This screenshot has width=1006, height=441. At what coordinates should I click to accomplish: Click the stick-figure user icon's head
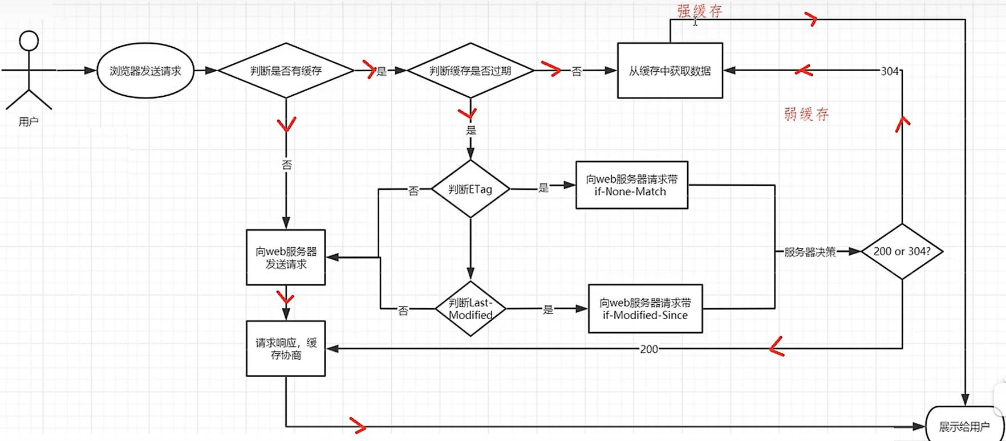pyautogui.click(x=29, y=41)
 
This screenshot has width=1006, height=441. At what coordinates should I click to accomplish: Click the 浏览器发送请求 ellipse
pyautogui.click(x=145, y=71)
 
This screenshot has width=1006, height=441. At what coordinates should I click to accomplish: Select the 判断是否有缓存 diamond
pyautogui.click(x=286, y=71)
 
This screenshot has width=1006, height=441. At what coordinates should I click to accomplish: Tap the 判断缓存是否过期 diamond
pyautogui.click(x=470, y=71)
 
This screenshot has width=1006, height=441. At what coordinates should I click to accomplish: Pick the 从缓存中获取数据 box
pyautogui.click(x=670, y=71)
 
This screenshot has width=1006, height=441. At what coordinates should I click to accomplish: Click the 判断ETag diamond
pyautogui.click(x=470, y=189)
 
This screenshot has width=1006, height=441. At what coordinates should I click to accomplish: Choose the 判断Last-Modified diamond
pyautogui.click(x=470, y=309)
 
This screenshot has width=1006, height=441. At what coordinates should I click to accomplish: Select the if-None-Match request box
pyautogui.click(x=631, y=185)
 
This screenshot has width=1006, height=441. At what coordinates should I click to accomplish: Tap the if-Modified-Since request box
pyautogui.click(x=645, y=309)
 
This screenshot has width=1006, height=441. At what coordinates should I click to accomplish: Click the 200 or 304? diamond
pyautogui.click(x=902, y=251)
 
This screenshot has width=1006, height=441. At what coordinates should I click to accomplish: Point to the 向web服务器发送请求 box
pyautogui.click(x=286, y=258)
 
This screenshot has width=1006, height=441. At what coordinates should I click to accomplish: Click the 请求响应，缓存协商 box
pyautogui.click(x=286, y=349)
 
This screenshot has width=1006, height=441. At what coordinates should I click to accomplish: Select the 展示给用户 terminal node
pyautogui.click(x=963, y=426)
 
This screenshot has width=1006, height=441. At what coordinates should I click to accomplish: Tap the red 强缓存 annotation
pyautogui.click(x=699, y=11)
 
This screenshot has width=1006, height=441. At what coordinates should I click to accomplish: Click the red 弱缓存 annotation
pyautogui.click(x=806, y=115)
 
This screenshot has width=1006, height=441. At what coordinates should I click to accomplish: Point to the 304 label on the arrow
pyautogui.click(x=890, y=71)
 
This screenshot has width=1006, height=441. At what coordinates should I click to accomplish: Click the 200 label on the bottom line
pyautogui.click(x=649, y=349)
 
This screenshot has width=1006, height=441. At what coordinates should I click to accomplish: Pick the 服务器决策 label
pyautogui.click(x=810, y=252)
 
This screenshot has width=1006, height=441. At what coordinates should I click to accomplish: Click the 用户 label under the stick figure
pyautogui.click(x=28, y=122)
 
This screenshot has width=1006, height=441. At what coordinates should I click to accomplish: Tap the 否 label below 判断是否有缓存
pyautogui.click(x=286, y=165)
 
